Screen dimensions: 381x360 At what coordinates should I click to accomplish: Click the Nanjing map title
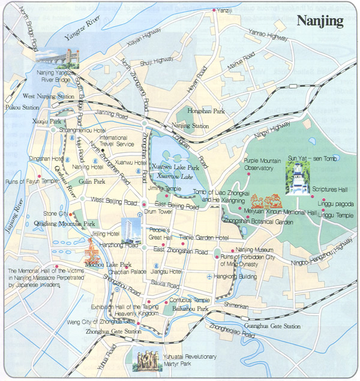320,21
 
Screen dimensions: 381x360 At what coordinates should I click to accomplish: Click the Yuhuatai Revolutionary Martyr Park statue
146,359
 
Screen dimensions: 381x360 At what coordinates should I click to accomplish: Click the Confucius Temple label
188,299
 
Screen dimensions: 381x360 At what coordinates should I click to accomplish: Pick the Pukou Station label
18,107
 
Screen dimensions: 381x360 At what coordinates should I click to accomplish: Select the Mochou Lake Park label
110,264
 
